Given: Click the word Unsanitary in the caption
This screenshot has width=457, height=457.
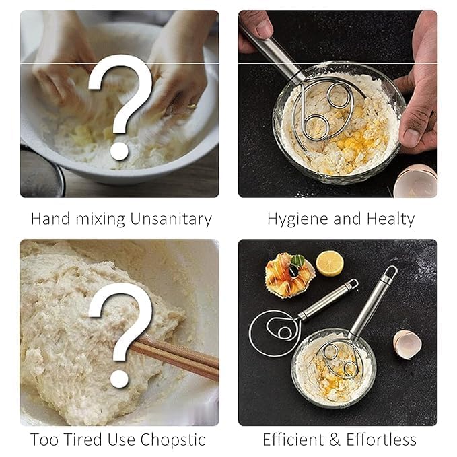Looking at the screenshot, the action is (171, 219).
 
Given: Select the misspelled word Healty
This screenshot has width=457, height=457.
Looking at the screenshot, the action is (390, 219).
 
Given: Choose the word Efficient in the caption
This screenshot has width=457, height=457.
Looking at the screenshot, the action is (293, 440).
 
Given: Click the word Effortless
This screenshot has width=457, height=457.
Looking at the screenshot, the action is (381, 440).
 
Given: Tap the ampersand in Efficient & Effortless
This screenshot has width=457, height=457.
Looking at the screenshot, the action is (335, 440).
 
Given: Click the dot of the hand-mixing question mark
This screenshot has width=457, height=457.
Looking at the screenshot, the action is (119, 151).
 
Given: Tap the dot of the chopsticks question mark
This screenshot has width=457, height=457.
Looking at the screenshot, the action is (119, 379).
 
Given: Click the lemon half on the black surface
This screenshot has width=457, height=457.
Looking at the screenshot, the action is (330, 263).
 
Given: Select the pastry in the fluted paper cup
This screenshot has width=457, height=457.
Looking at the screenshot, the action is (289, 275).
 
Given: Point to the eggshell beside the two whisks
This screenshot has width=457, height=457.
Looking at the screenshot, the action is (407, 344).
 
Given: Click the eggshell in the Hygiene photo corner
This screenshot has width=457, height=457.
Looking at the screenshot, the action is (416, 180).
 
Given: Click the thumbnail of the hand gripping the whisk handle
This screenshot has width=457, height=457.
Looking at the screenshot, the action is (265, 29).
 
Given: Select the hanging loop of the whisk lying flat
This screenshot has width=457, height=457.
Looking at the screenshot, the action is (353, 283).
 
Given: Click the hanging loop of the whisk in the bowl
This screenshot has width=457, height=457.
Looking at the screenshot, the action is (390, 272).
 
